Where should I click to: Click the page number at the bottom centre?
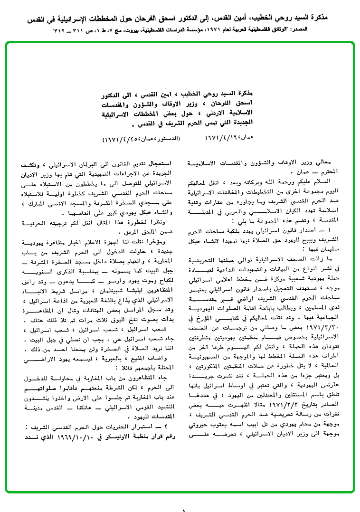coord(183,509)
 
